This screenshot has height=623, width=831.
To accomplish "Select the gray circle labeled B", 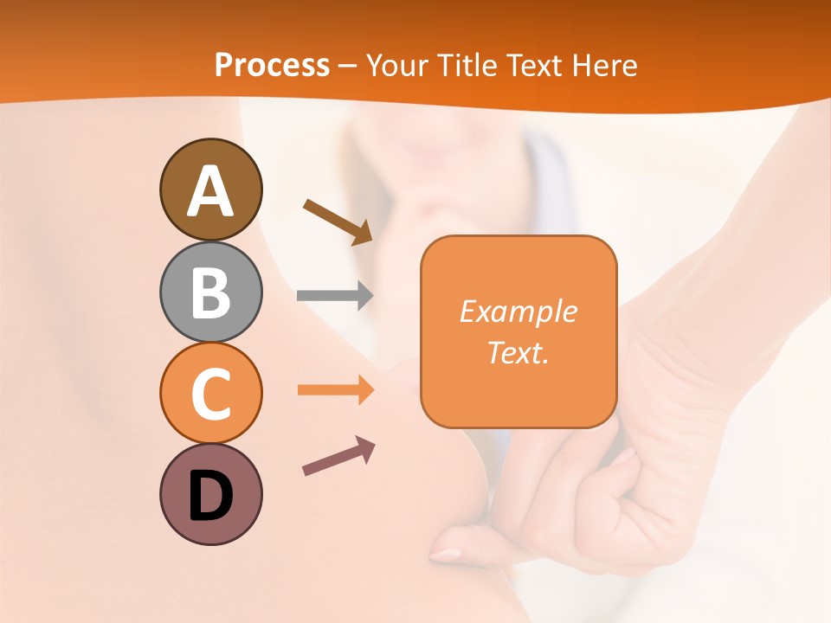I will coord(210,292).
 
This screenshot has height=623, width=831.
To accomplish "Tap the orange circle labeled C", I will coord(210,393).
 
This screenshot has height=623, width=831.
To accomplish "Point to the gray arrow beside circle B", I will coord(335,296).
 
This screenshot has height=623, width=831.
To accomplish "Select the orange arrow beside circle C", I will coord(335,390).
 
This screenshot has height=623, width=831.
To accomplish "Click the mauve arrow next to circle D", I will coord(338,456).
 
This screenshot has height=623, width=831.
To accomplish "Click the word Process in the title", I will coord(272,65).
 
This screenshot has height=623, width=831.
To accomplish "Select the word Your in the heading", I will coord(396,65).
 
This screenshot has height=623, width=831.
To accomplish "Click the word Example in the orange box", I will coord(518,311).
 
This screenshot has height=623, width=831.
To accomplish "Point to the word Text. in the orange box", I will coord(518,352).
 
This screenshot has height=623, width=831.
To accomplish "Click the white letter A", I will coord(210,191).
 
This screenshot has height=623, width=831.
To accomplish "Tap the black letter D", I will coord(210,496).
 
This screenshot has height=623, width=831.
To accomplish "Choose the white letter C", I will coord(210,394).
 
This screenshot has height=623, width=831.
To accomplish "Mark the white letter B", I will coord(210,292).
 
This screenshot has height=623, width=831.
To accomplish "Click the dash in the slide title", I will coord(347,66).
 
